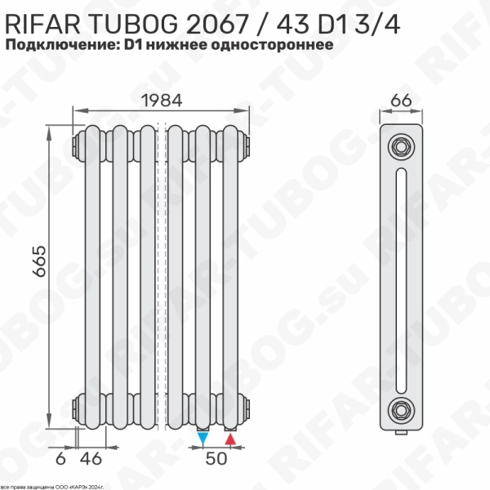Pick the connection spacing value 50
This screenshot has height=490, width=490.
coord(216,459)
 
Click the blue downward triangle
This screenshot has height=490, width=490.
coord(203,439)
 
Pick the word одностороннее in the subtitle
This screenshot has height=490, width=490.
coord(275,46)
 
